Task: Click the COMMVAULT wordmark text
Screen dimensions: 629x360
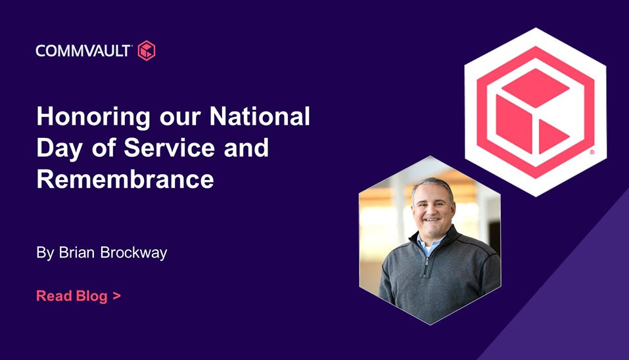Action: (83, 51)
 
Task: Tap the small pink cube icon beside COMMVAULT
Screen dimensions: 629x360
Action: (147, 51)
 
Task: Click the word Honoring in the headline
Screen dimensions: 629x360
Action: (93, 118)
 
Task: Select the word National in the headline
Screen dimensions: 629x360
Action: (260, 116)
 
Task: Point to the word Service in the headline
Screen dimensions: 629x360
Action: (170, 148)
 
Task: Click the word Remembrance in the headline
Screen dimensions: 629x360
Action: (125, 179)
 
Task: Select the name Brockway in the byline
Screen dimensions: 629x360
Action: (133, 253)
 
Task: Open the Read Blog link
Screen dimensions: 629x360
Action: (79, 296)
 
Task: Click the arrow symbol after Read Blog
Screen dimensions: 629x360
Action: (117, 296)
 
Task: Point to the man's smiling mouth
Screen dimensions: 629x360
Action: (432, 219)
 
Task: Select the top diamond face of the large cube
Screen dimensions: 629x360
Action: (535, 88)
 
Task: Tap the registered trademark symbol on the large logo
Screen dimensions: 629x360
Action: (592, 152)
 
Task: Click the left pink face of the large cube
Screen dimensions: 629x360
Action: (514, 124)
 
